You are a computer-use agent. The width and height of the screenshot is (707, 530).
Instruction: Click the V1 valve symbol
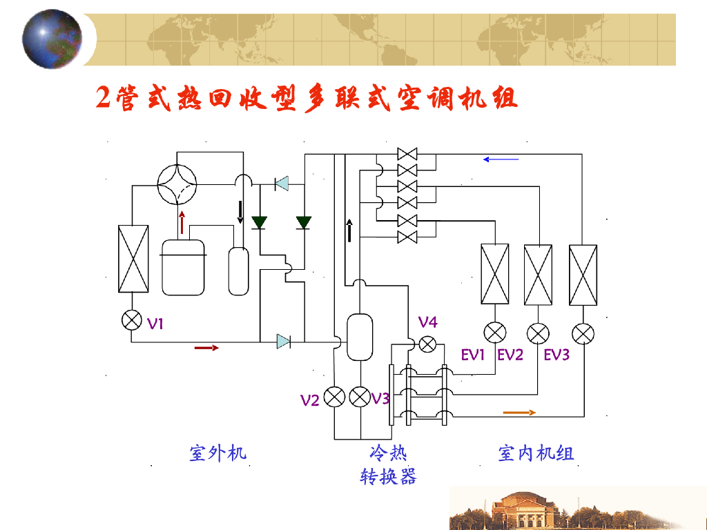pos(131,320)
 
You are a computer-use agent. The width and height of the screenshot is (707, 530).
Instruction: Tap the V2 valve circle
pos(335,397)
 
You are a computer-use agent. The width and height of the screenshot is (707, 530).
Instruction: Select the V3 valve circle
pos(360,397)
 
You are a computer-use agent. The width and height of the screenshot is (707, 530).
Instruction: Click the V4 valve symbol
pos(428,343)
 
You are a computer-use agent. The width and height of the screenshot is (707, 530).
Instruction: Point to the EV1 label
pos(474,355)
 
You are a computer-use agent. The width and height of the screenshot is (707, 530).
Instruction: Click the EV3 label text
pos(556,355)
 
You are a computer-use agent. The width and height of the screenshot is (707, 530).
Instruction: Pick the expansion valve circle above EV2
pos(539,333)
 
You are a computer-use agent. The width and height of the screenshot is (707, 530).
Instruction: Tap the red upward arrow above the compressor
pos(182,222)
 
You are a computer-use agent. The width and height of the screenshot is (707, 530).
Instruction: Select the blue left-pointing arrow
pos(501,159)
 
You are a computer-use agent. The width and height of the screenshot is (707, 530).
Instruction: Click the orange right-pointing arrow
pos(519,413)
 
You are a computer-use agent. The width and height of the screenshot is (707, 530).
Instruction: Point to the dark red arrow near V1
pos(206,348)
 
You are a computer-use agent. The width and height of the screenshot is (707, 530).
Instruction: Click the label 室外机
pos(217,453)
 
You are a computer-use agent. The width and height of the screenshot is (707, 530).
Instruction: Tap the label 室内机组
pos(536,453)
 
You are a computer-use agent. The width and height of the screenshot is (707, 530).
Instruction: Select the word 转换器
pos(389,476)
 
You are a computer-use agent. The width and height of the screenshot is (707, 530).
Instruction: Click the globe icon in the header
pos(52,39)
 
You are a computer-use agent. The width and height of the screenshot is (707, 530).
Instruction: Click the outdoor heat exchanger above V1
pos(134,259)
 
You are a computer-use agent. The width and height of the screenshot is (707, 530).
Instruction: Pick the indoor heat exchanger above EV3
pos(583,274)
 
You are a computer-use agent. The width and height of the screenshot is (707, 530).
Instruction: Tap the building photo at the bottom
pos(577,509)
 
